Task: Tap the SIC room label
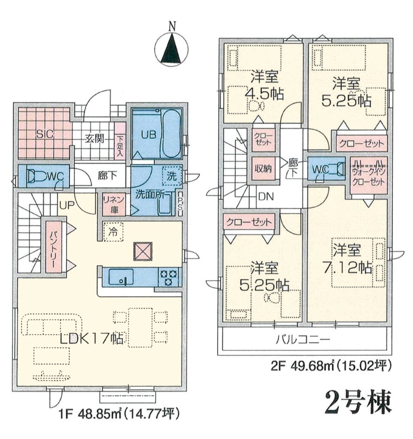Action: click(45, 134)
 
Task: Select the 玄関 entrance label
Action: click(95, 138)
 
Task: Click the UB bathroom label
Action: click(148, 135)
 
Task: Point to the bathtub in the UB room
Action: click(171, 135)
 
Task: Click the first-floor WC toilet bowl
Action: click(39, 176)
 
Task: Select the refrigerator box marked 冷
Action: click(113, 231)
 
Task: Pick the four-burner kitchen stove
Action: click(169, 277)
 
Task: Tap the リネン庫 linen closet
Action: click(114, 204)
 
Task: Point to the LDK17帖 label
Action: click(91, 339)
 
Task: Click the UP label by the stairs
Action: click(67, 205)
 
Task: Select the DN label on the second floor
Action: click(265, 196)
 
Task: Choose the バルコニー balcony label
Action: click(303, 340)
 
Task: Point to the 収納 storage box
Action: click(263, 168)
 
